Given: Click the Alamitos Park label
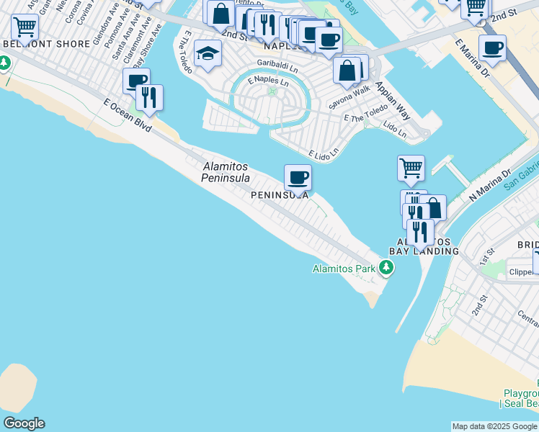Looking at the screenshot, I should tap(344, 269).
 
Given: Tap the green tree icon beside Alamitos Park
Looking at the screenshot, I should tap(387, 269).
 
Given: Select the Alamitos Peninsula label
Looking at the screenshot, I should tap(226, 172).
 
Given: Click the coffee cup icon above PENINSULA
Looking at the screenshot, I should tap(297, 177).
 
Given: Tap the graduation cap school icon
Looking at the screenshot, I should tap(208, 54).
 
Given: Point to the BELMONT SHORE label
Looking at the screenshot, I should tap(48, 44).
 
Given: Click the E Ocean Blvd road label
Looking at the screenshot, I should tap(128, 115).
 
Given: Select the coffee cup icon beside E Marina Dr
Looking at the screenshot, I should tap(492, 48).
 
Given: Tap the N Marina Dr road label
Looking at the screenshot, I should tap(489, 183).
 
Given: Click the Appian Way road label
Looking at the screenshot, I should tap(392, 94).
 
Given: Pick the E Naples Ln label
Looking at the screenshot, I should tap(269, 81).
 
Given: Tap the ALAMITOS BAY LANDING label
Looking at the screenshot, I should tap(424, 246).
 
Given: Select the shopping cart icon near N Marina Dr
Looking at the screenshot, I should tap(411, 168).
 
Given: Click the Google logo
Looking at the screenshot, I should tap(24, 423).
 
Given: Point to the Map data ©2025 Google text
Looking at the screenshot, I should tap(494, 426).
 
